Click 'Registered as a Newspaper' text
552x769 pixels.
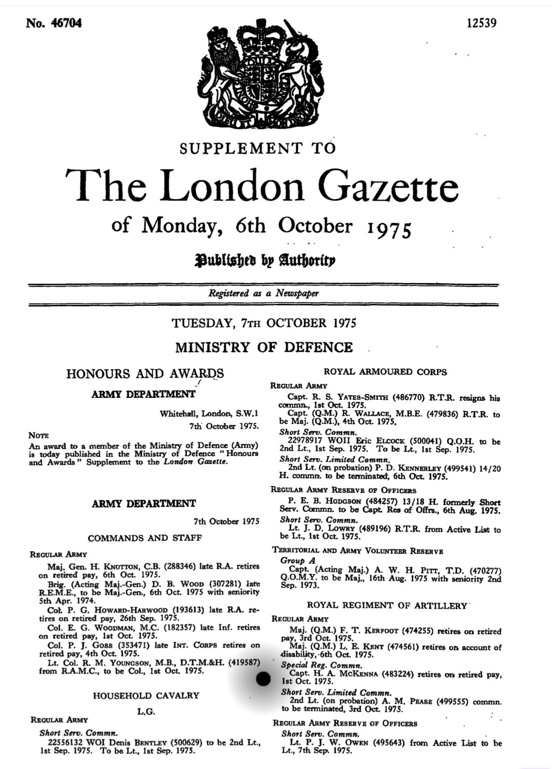click(264, 293)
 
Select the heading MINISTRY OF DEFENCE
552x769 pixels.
click(264, 347)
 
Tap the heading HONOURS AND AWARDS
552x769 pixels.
click(145, 374)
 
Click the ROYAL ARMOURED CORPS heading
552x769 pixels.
click(385, 372)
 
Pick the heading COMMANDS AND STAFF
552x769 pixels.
click(145, 538)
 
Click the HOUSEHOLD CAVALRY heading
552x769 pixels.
click(146, 695)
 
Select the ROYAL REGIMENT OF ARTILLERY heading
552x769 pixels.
click(387, 605)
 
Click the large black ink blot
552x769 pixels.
click(263, 679)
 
